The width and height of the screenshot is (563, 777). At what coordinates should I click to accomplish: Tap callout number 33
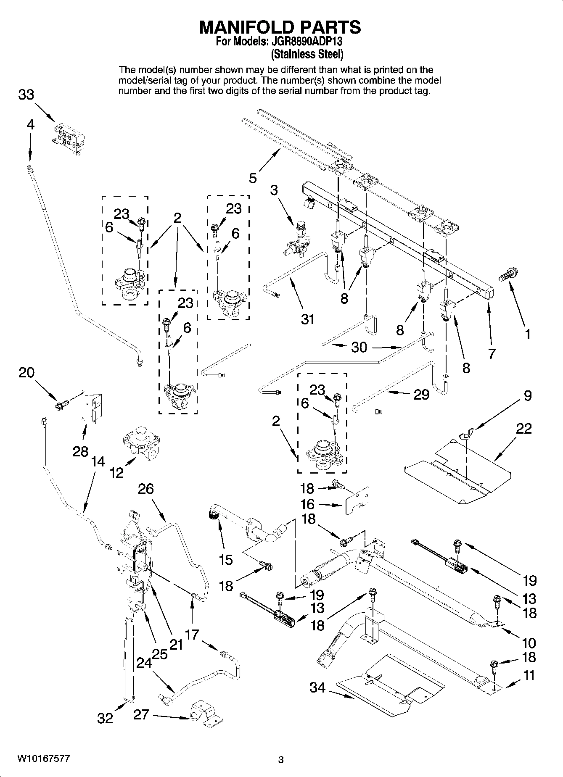[x=26, y=95]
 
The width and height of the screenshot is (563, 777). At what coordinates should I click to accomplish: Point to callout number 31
[x=307, y=319]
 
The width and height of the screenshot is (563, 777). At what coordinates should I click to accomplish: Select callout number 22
[x=524, y=429]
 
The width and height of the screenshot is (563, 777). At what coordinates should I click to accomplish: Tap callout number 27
[x=141, y=714]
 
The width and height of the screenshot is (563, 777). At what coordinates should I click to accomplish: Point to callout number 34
[x=317, y=687]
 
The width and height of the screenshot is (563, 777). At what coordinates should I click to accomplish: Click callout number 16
[x=307, y=504]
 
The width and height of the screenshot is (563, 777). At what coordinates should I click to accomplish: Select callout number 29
[x=421, y=394]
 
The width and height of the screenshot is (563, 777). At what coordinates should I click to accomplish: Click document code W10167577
[x=44, y=759]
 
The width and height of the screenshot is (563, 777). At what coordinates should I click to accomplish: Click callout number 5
[x=252, y=178]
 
